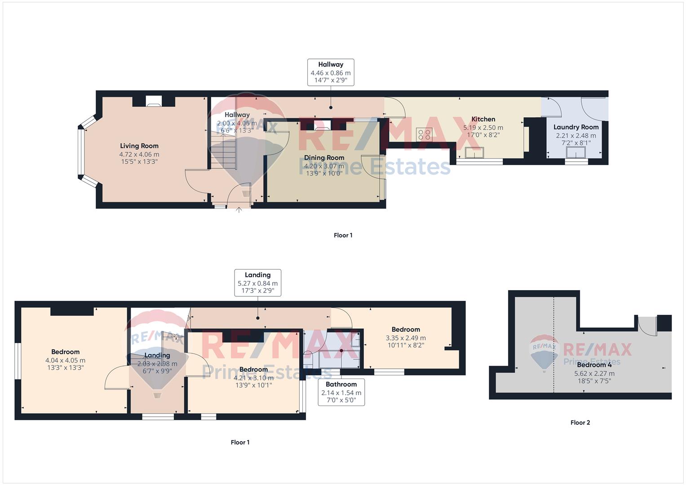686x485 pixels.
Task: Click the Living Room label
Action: coord(139,146)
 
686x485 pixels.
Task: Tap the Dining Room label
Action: coord(324,157)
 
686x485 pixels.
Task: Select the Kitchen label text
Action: coord(483,119)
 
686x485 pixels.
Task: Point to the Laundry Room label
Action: coord(576,127)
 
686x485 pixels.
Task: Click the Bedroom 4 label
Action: coord(594,365)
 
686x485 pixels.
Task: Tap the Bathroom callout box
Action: coord(341,392)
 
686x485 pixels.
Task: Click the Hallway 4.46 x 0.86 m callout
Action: coord(331,72)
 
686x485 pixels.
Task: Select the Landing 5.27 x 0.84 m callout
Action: coord(257,282)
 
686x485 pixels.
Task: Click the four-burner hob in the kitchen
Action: coord(424,134)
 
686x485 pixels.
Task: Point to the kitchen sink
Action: coord(475,153)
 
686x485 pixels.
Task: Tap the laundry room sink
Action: coord(576,153)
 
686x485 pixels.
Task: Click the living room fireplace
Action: coord(154,101)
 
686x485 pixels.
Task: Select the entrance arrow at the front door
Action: coord(239,210)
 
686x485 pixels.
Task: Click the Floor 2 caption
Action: coord(580,423)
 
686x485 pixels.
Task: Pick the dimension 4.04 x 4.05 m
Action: coord(65,360)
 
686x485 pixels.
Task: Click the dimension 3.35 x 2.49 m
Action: coord(406,338)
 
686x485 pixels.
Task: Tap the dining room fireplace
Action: coord(323,125)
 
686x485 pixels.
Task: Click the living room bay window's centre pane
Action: coord(81,152)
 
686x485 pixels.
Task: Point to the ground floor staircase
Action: coord(224,150)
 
